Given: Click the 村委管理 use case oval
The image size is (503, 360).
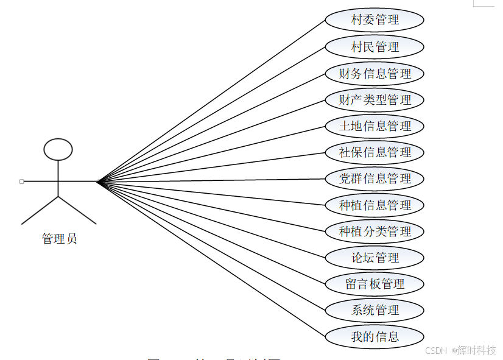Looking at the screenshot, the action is coord(375,20).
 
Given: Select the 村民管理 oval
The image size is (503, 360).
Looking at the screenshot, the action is coord(375,47).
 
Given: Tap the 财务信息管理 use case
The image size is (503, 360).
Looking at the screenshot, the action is coord(375,74).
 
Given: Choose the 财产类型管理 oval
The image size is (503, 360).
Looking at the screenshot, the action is coord(375,100).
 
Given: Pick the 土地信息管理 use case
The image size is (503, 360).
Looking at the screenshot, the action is coord(375,126).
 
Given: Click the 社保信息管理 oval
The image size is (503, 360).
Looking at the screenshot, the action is coord(375,152).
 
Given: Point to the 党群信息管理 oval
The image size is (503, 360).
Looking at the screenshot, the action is coord(375,178).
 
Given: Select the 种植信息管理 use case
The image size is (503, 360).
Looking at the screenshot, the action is coord(375,205).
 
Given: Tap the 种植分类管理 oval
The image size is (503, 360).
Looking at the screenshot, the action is coord(375,231).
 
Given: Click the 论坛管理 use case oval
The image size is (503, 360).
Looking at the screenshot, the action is coord(375,258).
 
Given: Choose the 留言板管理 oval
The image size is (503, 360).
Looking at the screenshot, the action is coord(375,284).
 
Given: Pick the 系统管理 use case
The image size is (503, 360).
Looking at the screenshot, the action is coord(375,310).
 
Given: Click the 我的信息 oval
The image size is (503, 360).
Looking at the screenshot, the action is coord(375,336).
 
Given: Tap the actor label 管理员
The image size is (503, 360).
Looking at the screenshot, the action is coord(59,239).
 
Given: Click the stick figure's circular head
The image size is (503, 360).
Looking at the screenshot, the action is coord(58,149).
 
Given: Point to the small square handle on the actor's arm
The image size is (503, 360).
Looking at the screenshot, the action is coord(21,182).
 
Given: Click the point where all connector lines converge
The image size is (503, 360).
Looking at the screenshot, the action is coord(97,182).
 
